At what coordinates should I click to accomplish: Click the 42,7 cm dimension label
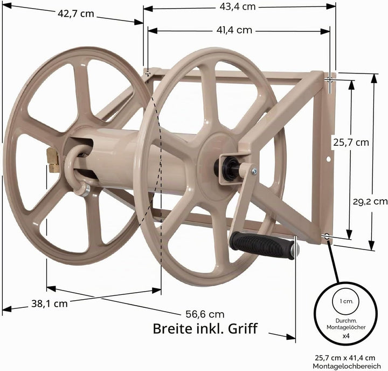pos(76,14)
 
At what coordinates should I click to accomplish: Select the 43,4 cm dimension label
pos(237,6)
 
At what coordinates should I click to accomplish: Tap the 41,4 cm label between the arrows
pos(234,30)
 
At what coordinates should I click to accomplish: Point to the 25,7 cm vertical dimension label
pos(351,143)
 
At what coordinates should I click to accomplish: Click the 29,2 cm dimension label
pos(370,201)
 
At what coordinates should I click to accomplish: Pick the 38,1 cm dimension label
pos(50,303)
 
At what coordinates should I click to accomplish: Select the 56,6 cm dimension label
pos(205,314)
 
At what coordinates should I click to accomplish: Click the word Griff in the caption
pos(242,328)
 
